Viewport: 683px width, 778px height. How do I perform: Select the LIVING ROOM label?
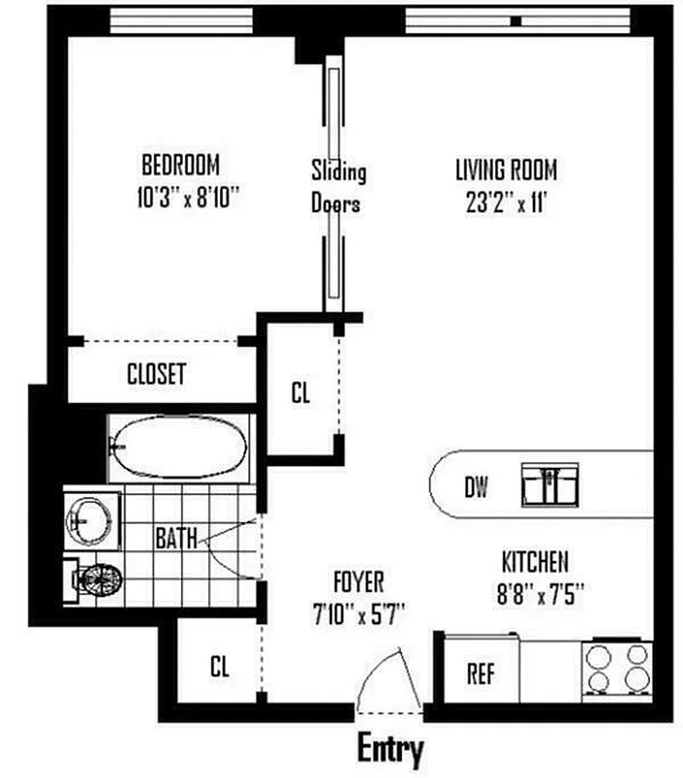tap(506, 170)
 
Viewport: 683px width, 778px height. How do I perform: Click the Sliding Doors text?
tap(338, 188)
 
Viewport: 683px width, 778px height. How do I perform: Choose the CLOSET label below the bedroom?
tap(157, 374)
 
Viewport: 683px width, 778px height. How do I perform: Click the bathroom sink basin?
tap(90, 516)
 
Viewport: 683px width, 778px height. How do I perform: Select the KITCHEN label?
tap(534, 561)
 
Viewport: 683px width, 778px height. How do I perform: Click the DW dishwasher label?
tap(475, 487)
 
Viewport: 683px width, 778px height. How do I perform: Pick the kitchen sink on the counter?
tap(552, 484)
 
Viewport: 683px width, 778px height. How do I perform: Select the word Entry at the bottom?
tap(390, 750)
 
